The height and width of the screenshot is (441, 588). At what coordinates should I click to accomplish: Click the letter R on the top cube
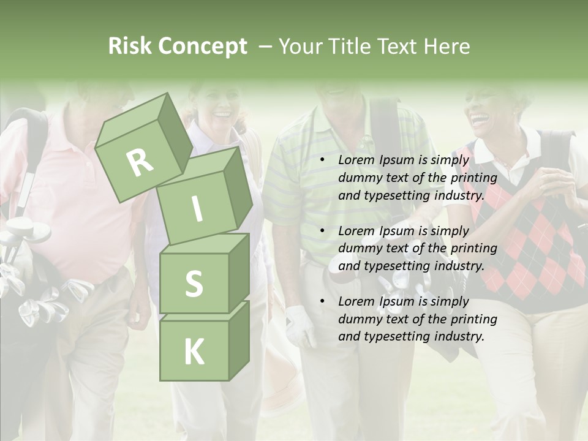[140, 163]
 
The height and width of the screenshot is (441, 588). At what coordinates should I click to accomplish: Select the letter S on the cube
[194, 284]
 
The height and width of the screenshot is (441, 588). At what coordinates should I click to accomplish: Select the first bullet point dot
[322, 160]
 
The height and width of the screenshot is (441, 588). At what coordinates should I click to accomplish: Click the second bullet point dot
[322, 231]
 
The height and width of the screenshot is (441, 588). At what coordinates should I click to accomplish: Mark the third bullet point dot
[322, 301]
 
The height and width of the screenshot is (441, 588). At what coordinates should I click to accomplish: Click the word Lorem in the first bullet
[356, 160]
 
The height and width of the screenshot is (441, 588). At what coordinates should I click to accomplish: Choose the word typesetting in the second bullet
[392, 266]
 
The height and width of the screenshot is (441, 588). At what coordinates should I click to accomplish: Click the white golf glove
[300, 325]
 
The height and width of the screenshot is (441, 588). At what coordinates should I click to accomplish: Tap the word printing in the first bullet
[474, 178]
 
